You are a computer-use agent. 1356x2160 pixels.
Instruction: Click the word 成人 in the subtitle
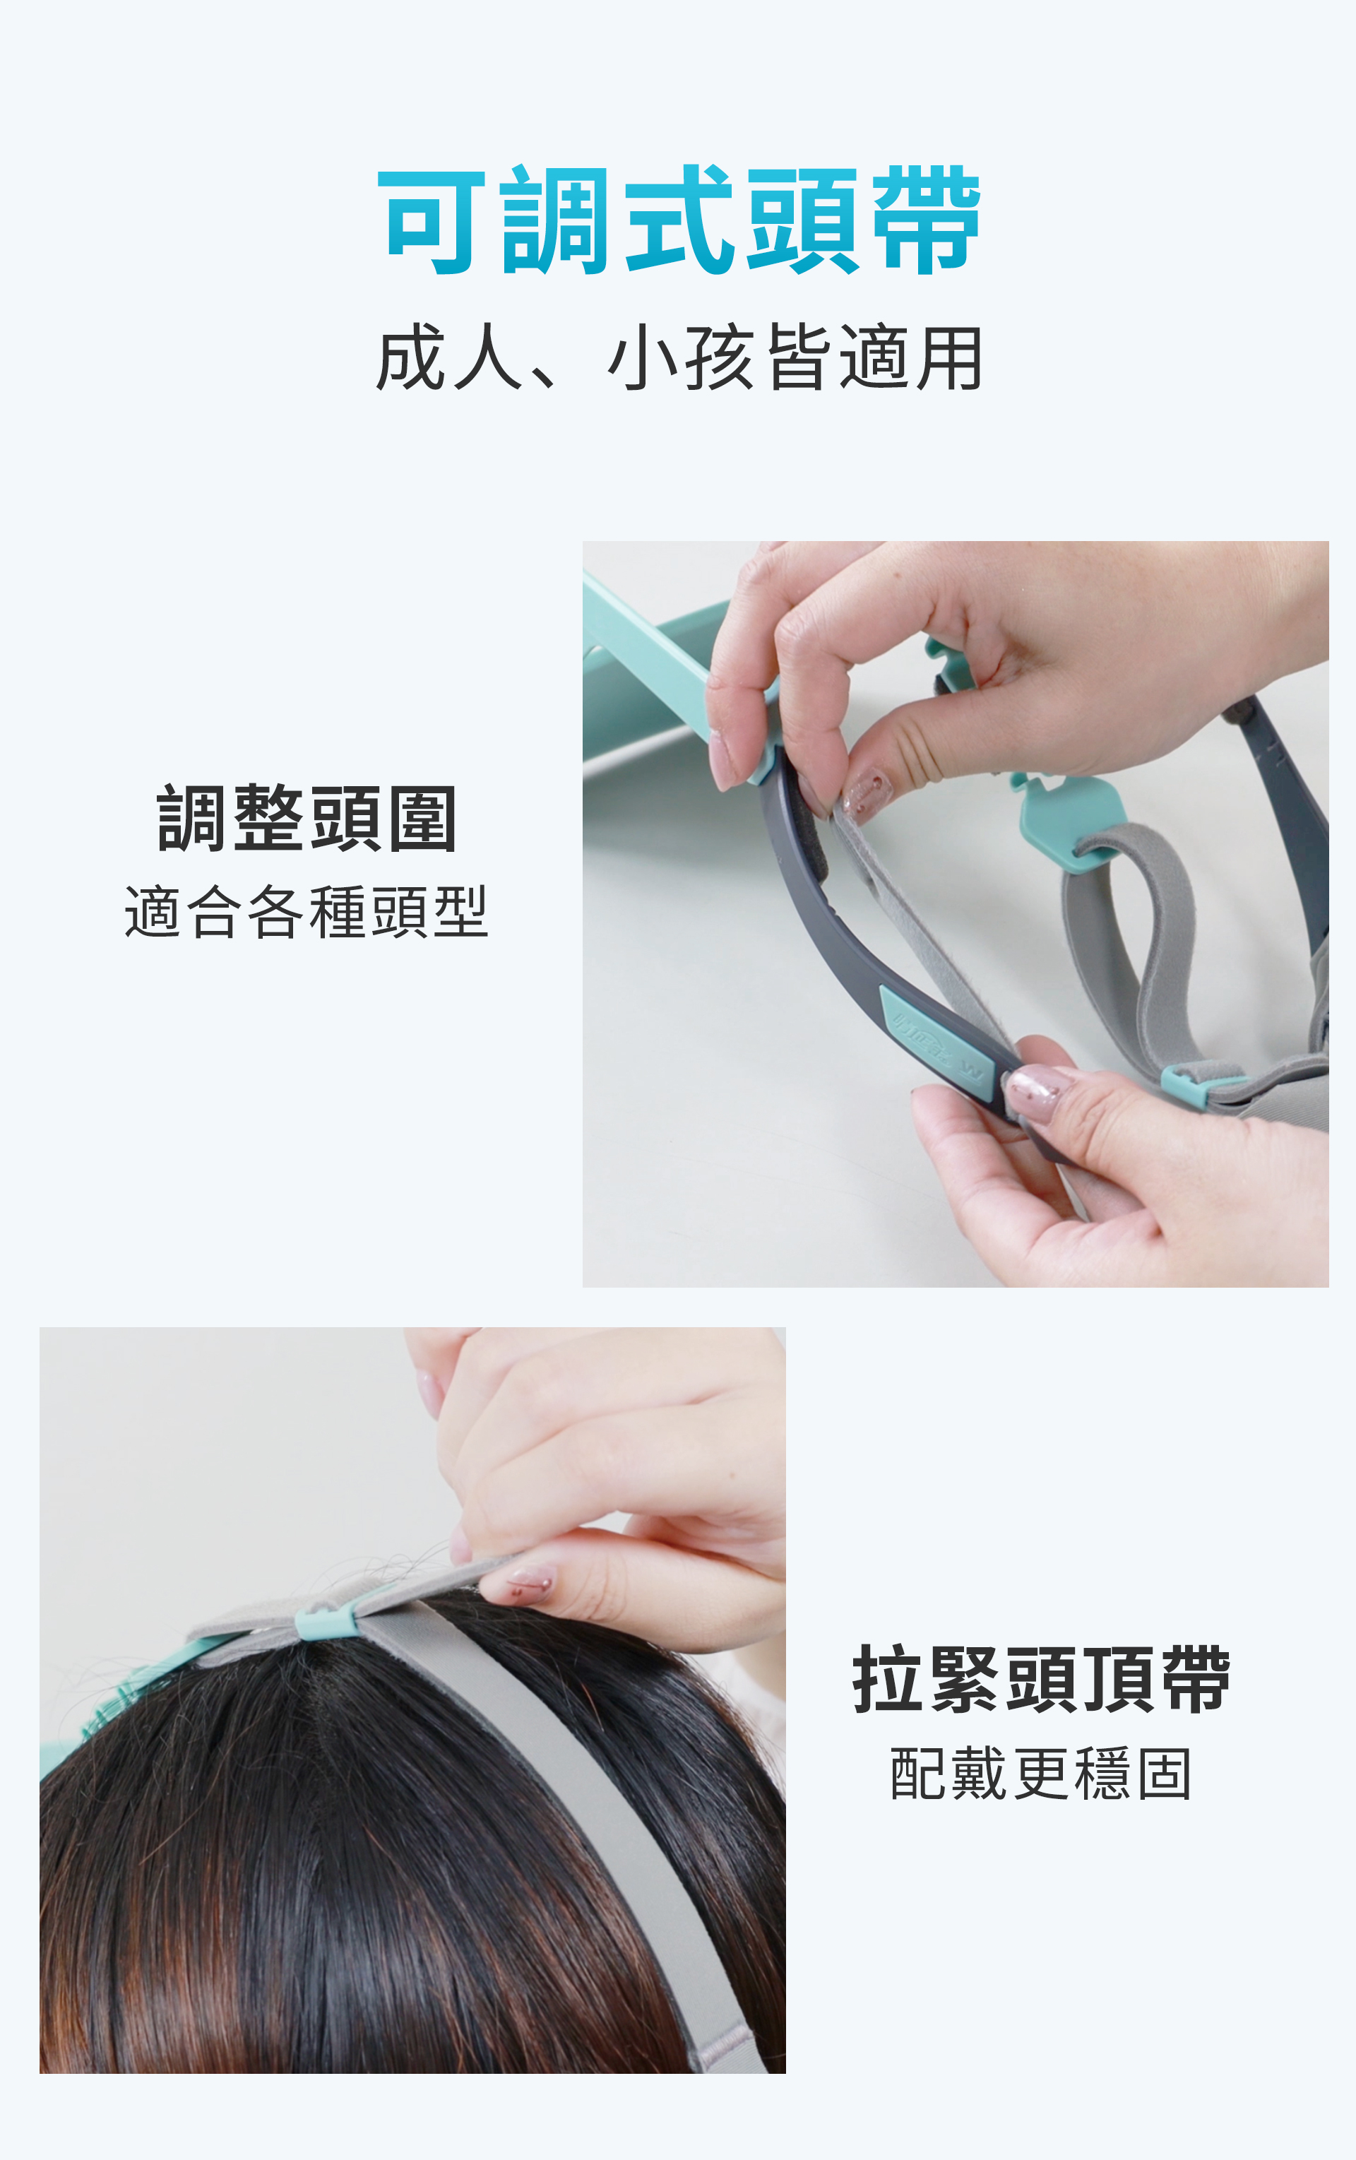(x=449, y=358)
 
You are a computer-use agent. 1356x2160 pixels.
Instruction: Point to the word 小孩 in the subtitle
(x=682, y=358)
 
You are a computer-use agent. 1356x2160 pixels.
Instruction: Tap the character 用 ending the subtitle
(x=948, y=358)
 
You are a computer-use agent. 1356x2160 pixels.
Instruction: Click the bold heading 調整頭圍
(x=307, y=818)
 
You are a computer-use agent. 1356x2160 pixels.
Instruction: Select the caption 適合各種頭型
(x=307, y=913)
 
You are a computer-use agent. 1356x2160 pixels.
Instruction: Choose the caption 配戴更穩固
(x=1041, y=1774)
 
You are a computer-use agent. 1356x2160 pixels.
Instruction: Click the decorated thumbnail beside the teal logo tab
(x=1037, y=1092)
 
